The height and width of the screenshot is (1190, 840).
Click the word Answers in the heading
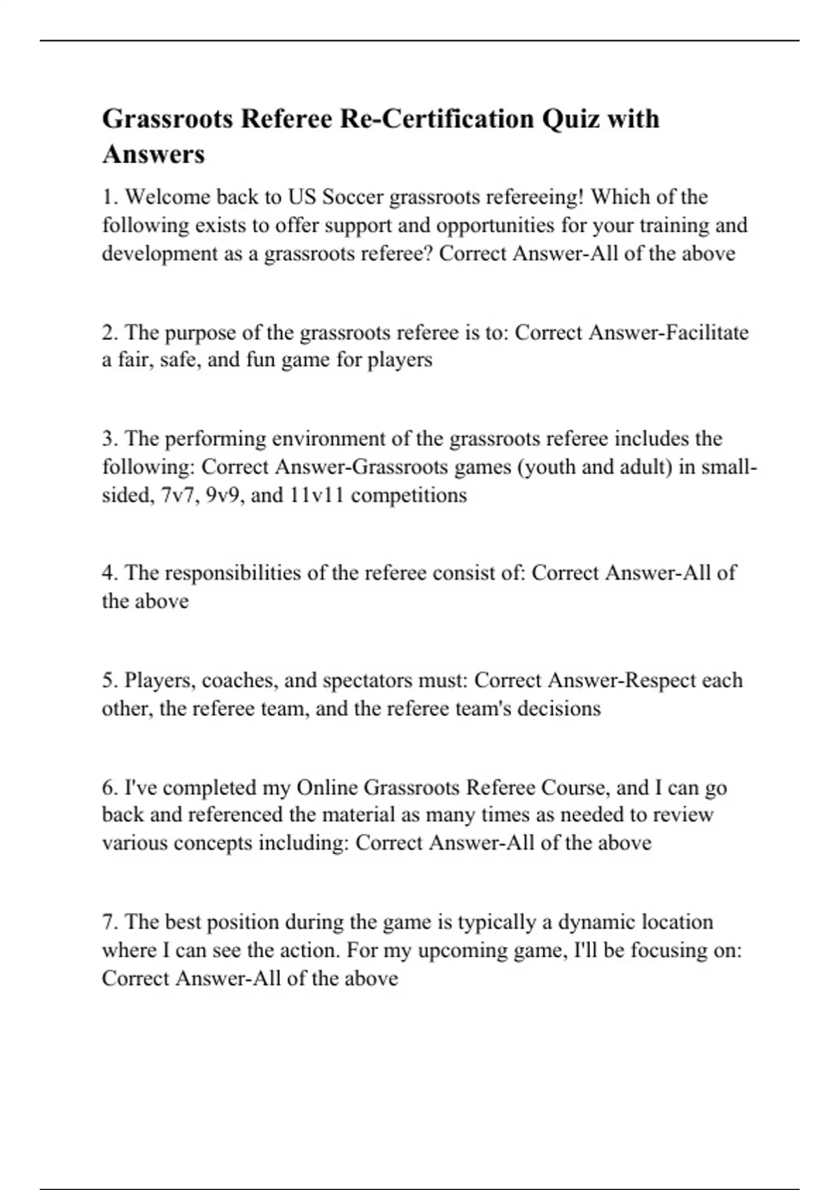tap(153, 154)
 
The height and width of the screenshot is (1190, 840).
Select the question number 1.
tap(109, 197)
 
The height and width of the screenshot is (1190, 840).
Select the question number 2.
tap(109, 332)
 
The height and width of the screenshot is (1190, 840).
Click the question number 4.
tap(109, 573)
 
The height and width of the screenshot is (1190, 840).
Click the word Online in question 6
tap(327, 787)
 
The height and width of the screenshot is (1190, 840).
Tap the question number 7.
tap(109, 922)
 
